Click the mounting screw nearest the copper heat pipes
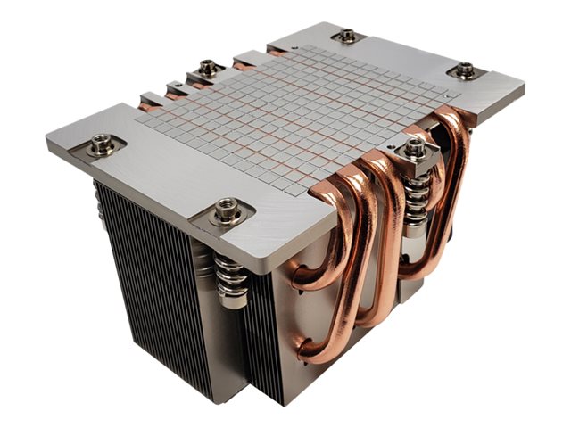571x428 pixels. click(416, 148)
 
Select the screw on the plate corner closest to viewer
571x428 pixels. click(227, 210)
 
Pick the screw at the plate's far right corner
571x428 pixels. click(465, 70)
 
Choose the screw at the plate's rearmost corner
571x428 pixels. click(348, 36)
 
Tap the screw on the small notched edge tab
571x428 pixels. click(209, 68)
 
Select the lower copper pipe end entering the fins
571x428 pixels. click(303, 350)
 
